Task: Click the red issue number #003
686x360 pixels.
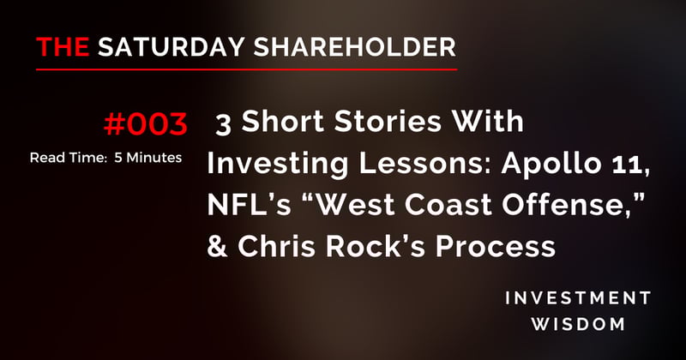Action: point(144,126)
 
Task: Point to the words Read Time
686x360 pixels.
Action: point(60,159)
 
